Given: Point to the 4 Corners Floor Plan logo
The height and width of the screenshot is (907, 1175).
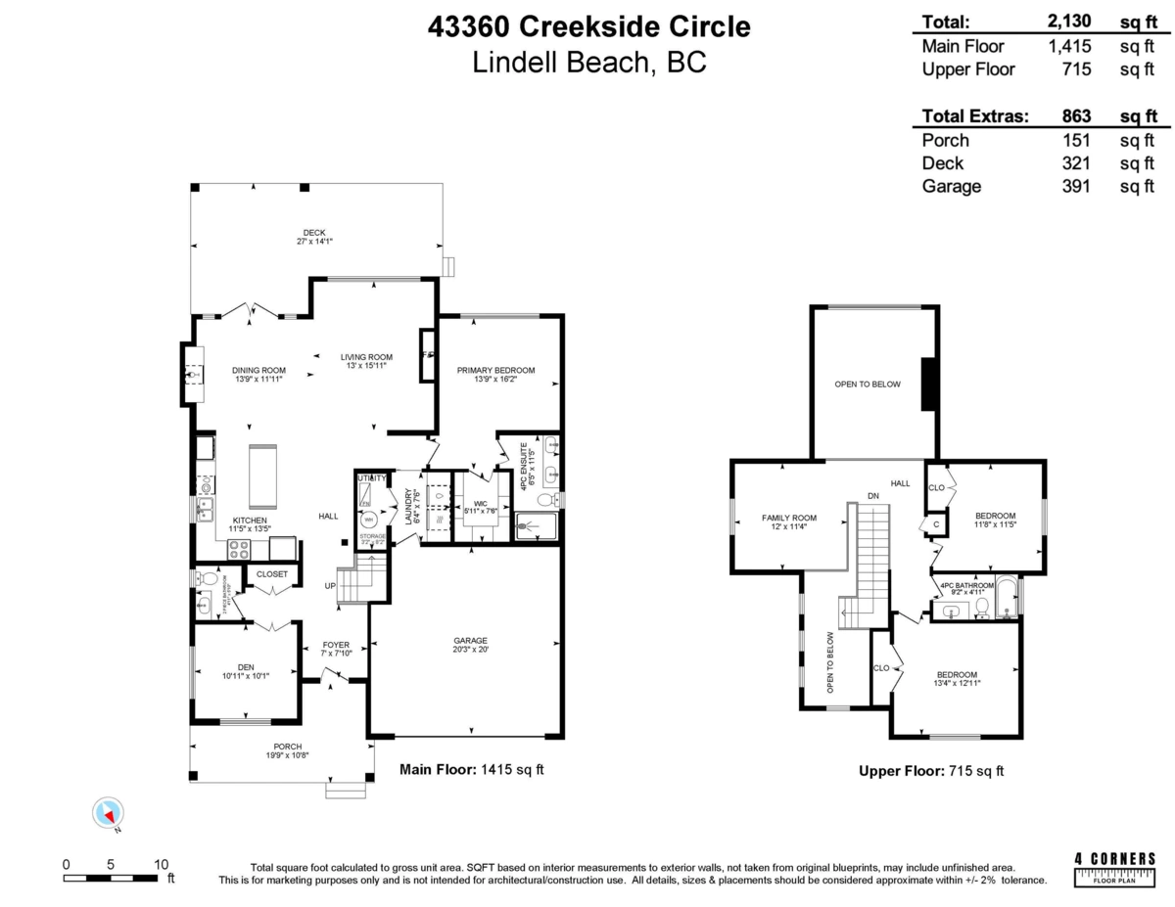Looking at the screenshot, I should [1114, 867].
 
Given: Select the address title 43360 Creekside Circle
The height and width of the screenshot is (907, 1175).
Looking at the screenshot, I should [589, 26].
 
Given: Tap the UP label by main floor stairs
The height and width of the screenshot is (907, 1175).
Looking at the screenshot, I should [331, 586].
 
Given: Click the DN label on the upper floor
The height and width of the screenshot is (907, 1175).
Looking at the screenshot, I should [872, 496].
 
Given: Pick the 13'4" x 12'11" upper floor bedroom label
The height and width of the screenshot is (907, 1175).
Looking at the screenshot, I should [956, 678].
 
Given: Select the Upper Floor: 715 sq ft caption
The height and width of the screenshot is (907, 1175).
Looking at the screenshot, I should [930, 771].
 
